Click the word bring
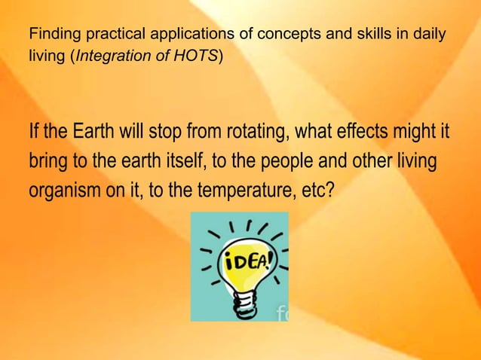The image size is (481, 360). click(x=48, y=162)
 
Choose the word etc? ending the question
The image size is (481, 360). click(x=317, y=189)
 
